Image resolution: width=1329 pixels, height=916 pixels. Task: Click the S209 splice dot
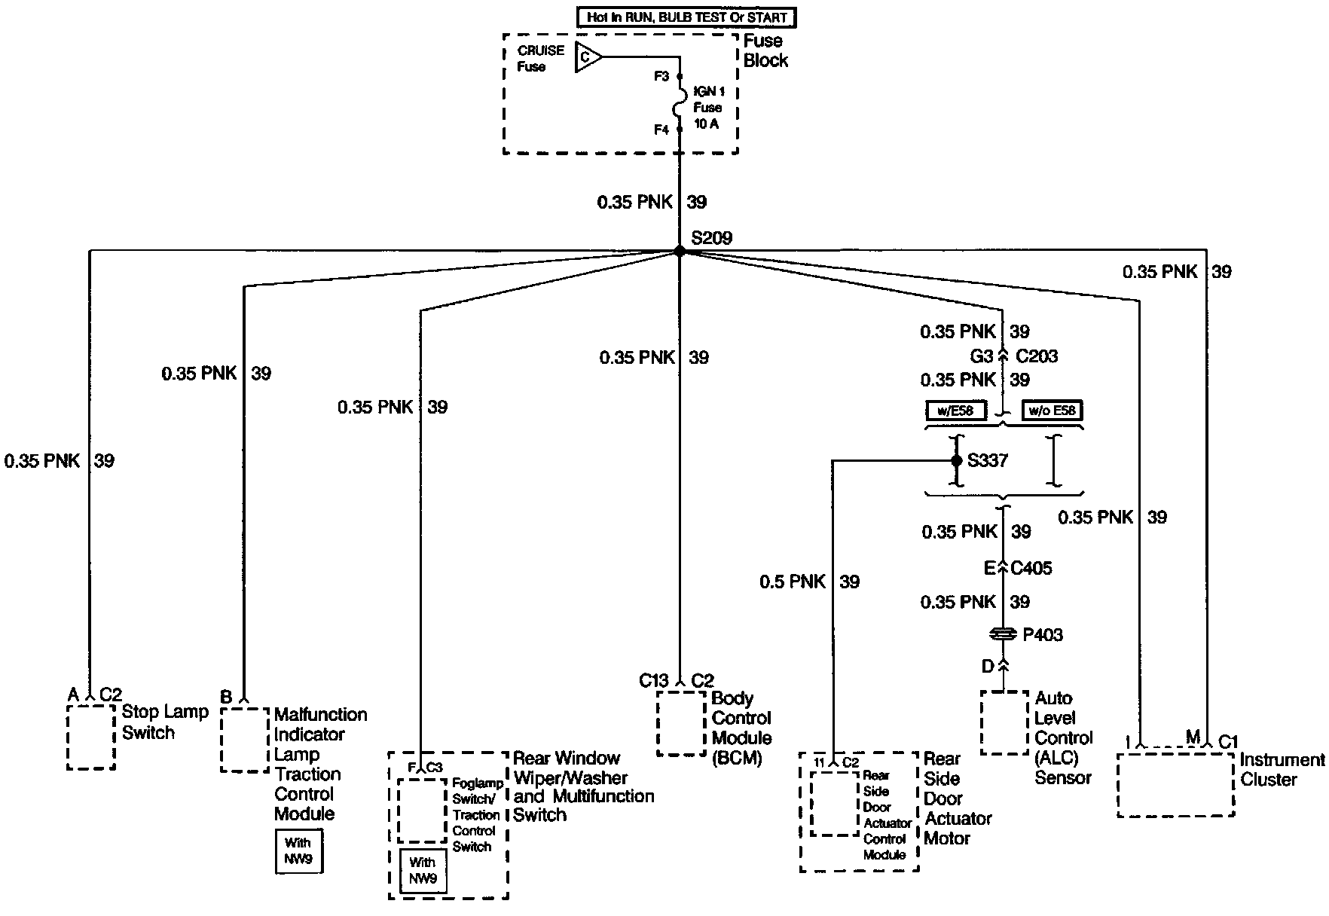tap(679, 252)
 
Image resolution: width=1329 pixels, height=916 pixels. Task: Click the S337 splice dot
tap(956, 460)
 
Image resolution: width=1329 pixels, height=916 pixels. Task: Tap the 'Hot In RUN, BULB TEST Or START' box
tap(686, 17)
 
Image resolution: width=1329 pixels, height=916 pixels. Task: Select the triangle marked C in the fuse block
tap(587, 57)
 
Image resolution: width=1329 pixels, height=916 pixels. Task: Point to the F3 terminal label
tap(661, 77)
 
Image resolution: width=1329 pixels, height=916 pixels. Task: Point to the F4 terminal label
tap(661, 130)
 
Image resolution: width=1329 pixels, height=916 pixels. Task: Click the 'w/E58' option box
tap(955, 411)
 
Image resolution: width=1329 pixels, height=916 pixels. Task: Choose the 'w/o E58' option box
tap(1053, 411)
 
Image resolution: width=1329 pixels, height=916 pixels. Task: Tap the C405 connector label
tap(1031, 568)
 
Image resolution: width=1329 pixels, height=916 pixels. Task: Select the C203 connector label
tap(1037, 356)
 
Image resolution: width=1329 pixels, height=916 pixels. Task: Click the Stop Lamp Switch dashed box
tap(91, 737)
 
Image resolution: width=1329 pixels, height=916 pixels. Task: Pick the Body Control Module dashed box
tap(681, 723)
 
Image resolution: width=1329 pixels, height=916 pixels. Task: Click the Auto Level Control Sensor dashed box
tap(1004, 723)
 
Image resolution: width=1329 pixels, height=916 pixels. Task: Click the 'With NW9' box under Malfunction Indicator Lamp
tap(299, 851)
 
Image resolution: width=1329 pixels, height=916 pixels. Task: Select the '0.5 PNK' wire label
tap(793, 582)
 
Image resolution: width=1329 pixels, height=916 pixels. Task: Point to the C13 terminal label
tap(654, 681)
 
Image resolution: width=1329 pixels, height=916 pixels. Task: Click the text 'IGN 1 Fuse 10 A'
tap(707, 108)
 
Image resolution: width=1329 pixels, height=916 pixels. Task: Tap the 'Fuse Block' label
tap(765, 50)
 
